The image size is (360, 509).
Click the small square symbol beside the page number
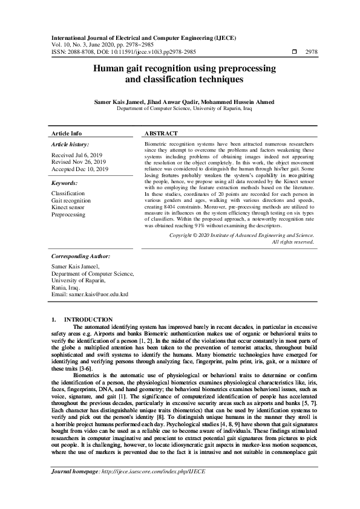294,53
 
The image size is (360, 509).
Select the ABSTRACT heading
161,133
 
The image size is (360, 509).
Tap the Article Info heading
67,133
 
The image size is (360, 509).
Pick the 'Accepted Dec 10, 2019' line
80,169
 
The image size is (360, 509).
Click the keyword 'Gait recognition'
71,200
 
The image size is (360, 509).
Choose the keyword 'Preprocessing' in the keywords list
68,214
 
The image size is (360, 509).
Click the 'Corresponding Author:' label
80,256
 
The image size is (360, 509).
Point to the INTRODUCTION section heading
88,319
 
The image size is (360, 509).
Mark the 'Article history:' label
70,144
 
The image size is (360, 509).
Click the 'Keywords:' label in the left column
64,182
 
